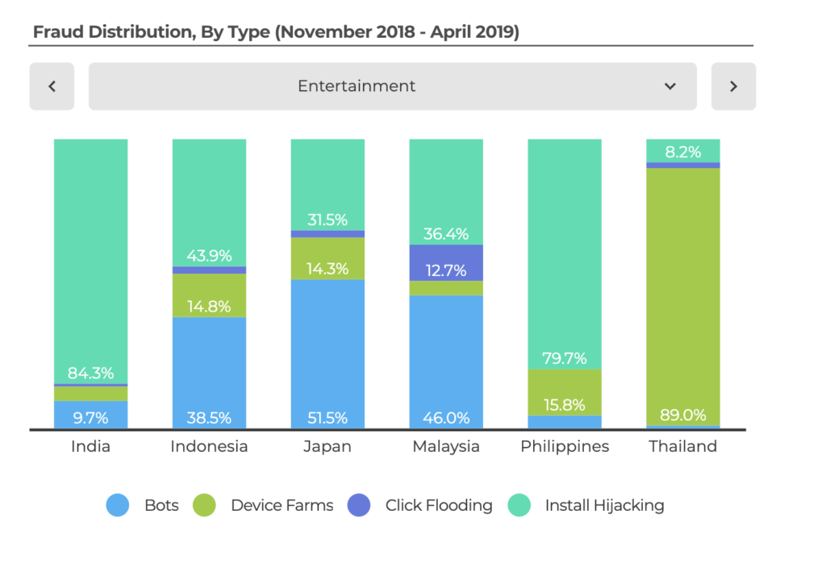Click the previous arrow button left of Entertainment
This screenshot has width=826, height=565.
pos(52,86)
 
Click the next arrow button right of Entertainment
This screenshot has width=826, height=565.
pos(733,86)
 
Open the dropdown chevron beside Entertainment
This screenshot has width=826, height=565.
pos(670,86)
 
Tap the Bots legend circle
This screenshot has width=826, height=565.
pos(118,506)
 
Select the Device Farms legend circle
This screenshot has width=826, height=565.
pos(204,506)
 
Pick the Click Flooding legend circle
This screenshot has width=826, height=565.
pos(359,506)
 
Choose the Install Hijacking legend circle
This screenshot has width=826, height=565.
pos(519,506)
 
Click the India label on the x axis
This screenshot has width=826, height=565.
pos(90,446)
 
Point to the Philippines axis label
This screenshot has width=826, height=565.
pos(565,446)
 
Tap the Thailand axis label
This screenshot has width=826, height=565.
pos(682,446)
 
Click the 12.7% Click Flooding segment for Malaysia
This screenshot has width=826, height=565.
pos(446,262)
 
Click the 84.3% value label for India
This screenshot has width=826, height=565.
pos(90,374)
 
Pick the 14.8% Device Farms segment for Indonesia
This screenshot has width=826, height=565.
pos(209,295)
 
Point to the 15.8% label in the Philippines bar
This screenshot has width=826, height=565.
pos(565,405)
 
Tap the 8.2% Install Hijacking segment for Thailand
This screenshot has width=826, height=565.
pos(682,151)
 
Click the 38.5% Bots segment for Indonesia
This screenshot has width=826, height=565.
pos(209,373)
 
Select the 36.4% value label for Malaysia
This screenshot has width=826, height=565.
pos(446,234)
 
